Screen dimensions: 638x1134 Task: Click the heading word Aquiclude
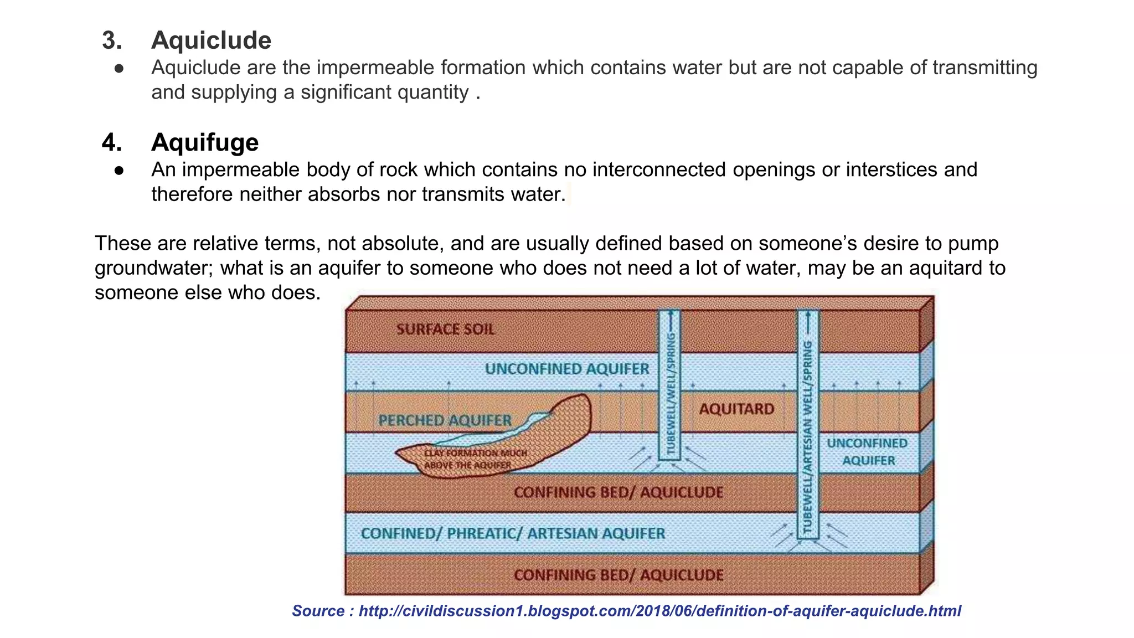tap(211, 40)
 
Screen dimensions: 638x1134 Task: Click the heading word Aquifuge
tap(205, 142)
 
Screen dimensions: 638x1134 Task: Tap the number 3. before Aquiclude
tap(112, 40)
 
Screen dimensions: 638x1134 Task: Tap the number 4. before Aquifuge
tap(112, 142)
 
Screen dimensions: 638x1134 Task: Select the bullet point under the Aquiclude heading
tap(119, 68)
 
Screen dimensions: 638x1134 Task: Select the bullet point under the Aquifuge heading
tap(119, 170)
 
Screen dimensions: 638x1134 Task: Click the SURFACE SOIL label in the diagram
tap(445, 330)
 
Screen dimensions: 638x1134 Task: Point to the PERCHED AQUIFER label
tap(445, 420)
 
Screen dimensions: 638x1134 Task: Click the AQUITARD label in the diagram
tap(736, 409)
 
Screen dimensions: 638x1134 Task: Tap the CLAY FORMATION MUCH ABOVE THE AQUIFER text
tap(475, 459)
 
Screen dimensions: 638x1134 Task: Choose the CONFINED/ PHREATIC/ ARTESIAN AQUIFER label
tap(513, 533)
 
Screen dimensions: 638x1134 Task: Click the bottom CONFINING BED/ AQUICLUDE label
tap(618, 575)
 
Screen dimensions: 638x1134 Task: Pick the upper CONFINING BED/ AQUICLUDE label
tap(618, 492)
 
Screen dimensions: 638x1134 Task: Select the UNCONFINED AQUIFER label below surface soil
tap(567, 369)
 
